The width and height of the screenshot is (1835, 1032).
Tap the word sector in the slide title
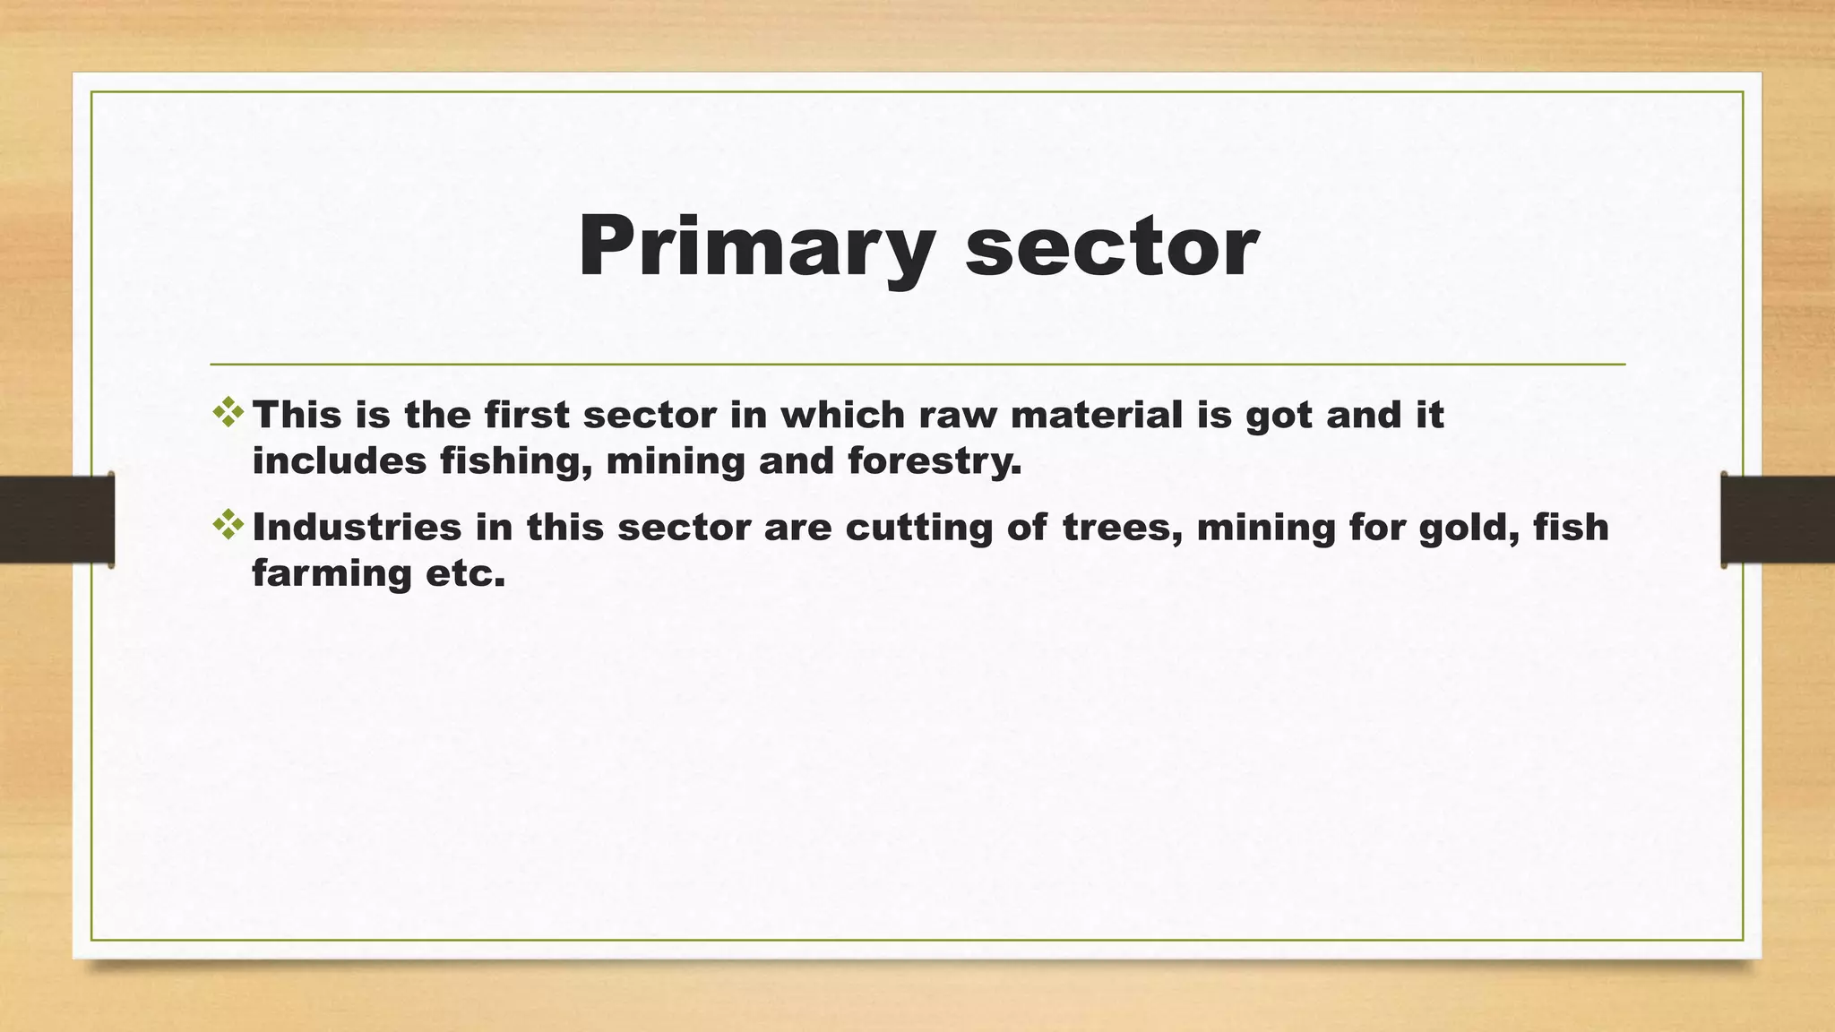tap(1111, 248)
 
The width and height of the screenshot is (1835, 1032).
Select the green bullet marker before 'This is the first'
tap(228, 412)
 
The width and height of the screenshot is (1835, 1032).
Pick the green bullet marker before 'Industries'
tap(228, 525)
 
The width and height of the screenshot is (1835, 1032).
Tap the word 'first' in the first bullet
tap(527, 415)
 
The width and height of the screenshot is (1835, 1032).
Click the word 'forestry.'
tap(935, 462)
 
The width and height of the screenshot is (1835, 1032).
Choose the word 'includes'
tap(340, 461)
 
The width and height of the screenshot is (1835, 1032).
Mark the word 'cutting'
tap(919, 528)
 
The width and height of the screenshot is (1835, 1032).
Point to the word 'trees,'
tap(1123, 528)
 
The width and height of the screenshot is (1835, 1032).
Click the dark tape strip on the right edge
tap(1778, 520)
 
